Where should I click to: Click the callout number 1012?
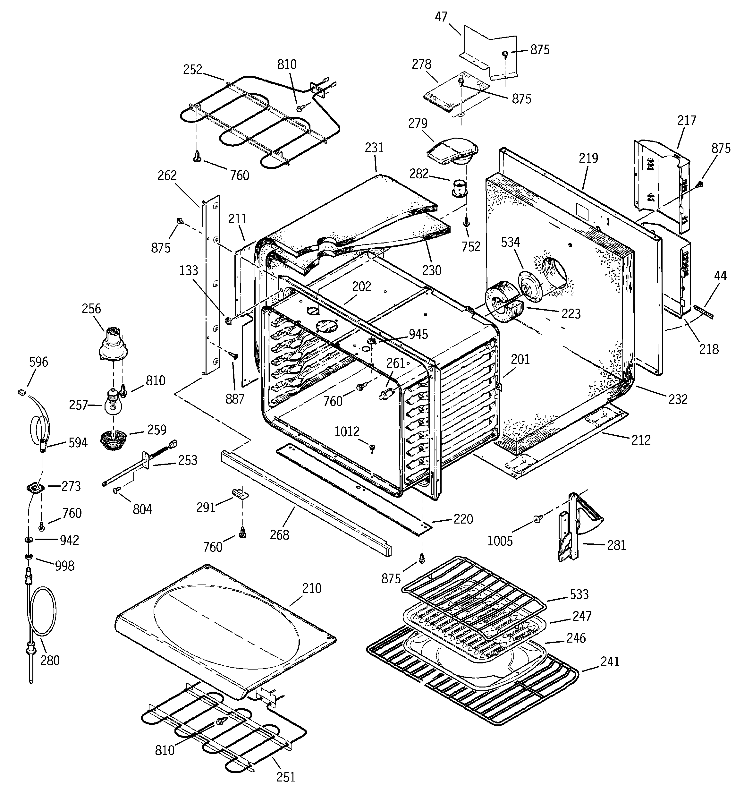click(347, 431)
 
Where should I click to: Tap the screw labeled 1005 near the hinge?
click(537, 519)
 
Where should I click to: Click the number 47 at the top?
click(441, 16)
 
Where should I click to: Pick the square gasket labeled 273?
click(36, 488)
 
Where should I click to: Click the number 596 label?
click(38, 362)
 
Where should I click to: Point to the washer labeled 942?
click(28, 540)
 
